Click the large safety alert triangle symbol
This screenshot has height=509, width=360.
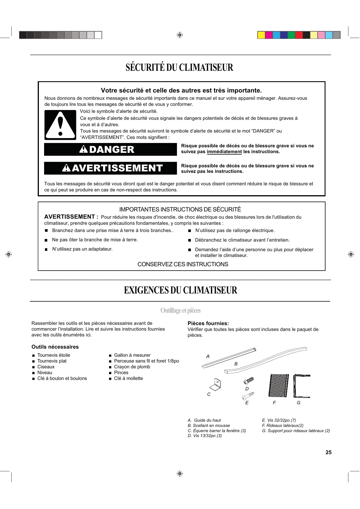coord(60,125)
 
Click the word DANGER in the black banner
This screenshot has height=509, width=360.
coord(112,150)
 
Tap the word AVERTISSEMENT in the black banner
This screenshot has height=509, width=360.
coord(117,168)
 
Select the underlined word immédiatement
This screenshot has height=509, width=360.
coord(224,152)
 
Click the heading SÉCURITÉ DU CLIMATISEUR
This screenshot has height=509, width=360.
coord(180,68)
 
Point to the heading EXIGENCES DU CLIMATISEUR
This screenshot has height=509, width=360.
coord(180,290)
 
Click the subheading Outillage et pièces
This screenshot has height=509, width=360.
coord(180,311)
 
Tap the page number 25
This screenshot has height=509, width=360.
coord(328,452)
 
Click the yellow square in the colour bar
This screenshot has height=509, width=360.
coord(261,35)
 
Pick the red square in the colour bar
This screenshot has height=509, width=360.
coord(299,35)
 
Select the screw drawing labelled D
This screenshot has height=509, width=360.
coord(249,380)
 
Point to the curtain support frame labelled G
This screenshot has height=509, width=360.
coord(302,386)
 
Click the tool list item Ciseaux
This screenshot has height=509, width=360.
coord(46,367)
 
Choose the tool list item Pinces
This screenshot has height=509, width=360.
coord(121,373)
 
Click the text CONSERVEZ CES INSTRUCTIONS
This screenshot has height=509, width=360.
coord(183,264)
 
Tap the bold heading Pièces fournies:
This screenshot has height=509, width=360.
coord(208,323)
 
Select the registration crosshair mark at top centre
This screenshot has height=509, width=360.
coord(180,35)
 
